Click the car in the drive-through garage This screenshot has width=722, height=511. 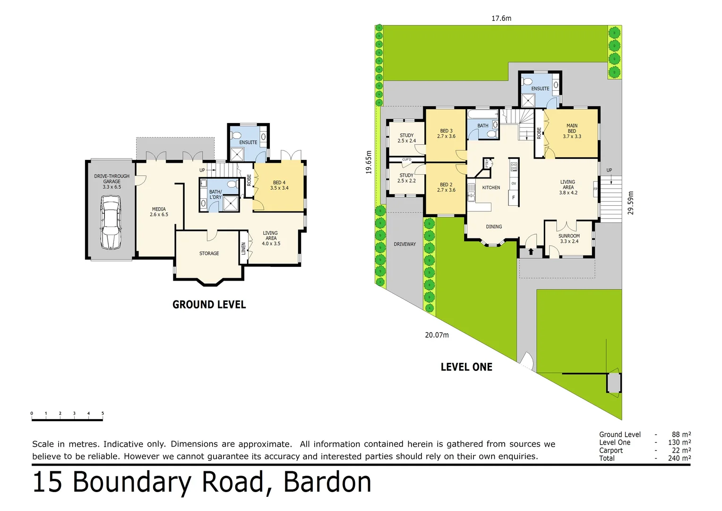click(x=111, y=223)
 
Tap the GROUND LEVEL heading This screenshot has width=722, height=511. click(x=209, y=305)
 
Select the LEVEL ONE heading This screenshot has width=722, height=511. click(x=466, y=367)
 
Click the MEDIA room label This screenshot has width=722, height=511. click(x=159, y=211)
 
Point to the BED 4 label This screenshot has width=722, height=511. click(x=279, y=185)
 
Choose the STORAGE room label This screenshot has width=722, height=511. click(x=209, y=254)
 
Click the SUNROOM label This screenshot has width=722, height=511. click(x=569, y=238)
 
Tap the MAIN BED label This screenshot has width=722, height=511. click(x=572, y=131)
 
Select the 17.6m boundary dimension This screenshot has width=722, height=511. click(x=501, y=18)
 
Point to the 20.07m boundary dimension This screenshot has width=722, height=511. click(x=437, y=335)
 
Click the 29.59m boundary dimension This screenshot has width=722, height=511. click(x=631, y=203)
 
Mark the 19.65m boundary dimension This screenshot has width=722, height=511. click(x=369, y=162)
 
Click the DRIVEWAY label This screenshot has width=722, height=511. click(x=405, y=244)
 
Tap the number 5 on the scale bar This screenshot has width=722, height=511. click(x=103, y=414)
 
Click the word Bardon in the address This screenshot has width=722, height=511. click(x=327, y=482)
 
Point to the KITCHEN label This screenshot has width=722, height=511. click(x=491, y=188)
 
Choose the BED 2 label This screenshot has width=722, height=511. click(x=446, y=187)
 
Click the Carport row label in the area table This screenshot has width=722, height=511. click(x=610, y=450)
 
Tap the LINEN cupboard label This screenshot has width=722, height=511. click(x=244, y=248)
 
